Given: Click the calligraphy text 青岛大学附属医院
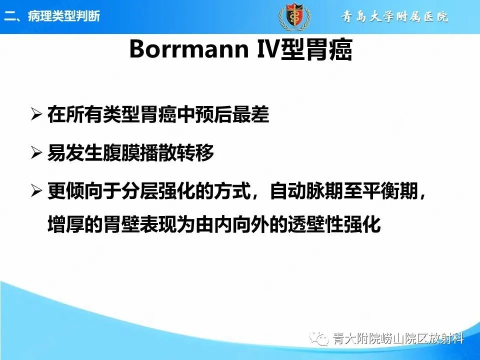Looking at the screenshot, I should [x=395, y=17].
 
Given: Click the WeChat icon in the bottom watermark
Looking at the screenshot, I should [x=319, y=338].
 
